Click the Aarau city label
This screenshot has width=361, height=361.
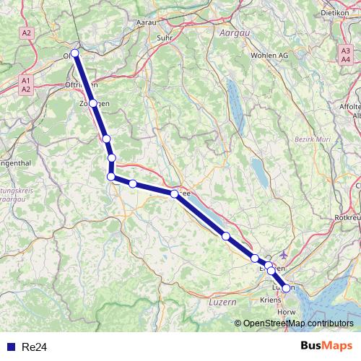coord(147,22)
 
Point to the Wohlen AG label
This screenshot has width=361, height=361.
coord(269,55)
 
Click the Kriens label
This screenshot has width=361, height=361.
coord(271,297)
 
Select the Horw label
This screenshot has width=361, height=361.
coord(287,312)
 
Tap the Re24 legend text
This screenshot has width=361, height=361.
coord(34,347)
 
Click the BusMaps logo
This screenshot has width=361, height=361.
coord(326,346)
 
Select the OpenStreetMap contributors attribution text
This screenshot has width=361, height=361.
coord(298,323)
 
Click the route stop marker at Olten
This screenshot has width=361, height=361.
coord(75,53)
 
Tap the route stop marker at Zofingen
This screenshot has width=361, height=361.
coord(93,103)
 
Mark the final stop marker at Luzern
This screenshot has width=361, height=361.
coord(286,288)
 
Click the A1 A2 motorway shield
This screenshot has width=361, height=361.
coord(26,84)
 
